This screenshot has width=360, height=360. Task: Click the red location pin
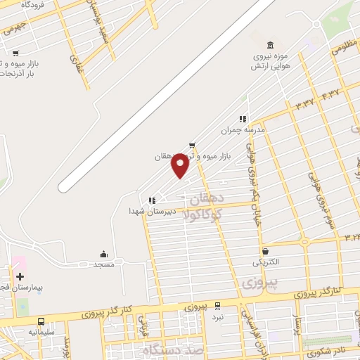(x=181, y=165)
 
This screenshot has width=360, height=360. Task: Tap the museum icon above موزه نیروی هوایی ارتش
(x=271, y=45)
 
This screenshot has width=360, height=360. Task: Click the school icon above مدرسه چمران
(x=243, y=119)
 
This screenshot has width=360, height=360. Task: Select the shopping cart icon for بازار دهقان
(x=192, y=145)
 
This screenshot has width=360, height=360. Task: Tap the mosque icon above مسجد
(x=104, y=254)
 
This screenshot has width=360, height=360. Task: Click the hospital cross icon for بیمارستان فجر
(x=20, y=276)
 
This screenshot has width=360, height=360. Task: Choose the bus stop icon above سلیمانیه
(x=40, y=321)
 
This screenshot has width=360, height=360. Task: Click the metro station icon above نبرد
(x=217, y=306)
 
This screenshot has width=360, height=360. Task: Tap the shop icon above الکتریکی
(x=265, y=251)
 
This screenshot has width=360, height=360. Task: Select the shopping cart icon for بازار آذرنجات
(x=15, y=53)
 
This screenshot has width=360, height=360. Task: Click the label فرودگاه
(x=32, y=5)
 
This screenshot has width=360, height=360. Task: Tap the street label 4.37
(x=330, y=92)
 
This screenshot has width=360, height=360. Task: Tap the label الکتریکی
(x=266, y=262)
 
